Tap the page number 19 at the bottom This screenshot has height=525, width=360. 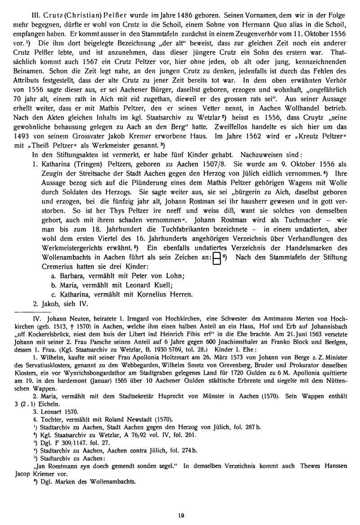[180, 516]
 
